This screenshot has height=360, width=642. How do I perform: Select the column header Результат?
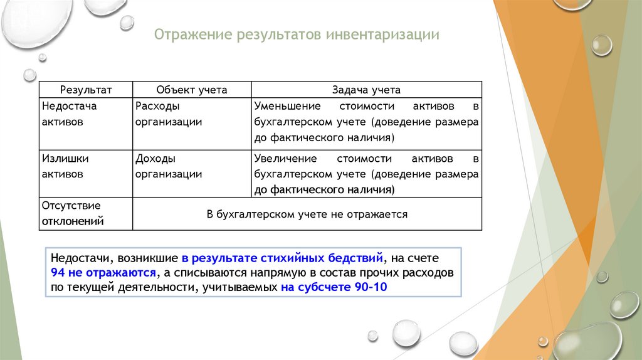86,90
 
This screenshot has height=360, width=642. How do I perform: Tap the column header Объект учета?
192,90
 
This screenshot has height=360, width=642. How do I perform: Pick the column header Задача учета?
367,90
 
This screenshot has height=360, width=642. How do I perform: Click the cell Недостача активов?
70,114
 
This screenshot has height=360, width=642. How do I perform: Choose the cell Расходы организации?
169,114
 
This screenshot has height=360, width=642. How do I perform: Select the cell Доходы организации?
169,166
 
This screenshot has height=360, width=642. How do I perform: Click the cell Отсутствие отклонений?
72,213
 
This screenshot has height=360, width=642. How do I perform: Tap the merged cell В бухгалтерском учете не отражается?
307,214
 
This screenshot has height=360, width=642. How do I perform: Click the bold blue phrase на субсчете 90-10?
335,287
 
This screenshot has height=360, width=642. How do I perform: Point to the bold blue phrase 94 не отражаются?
103,273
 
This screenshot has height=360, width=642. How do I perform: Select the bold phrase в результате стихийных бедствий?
282,258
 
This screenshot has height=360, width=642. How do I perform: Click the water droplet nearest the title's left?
127,23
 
